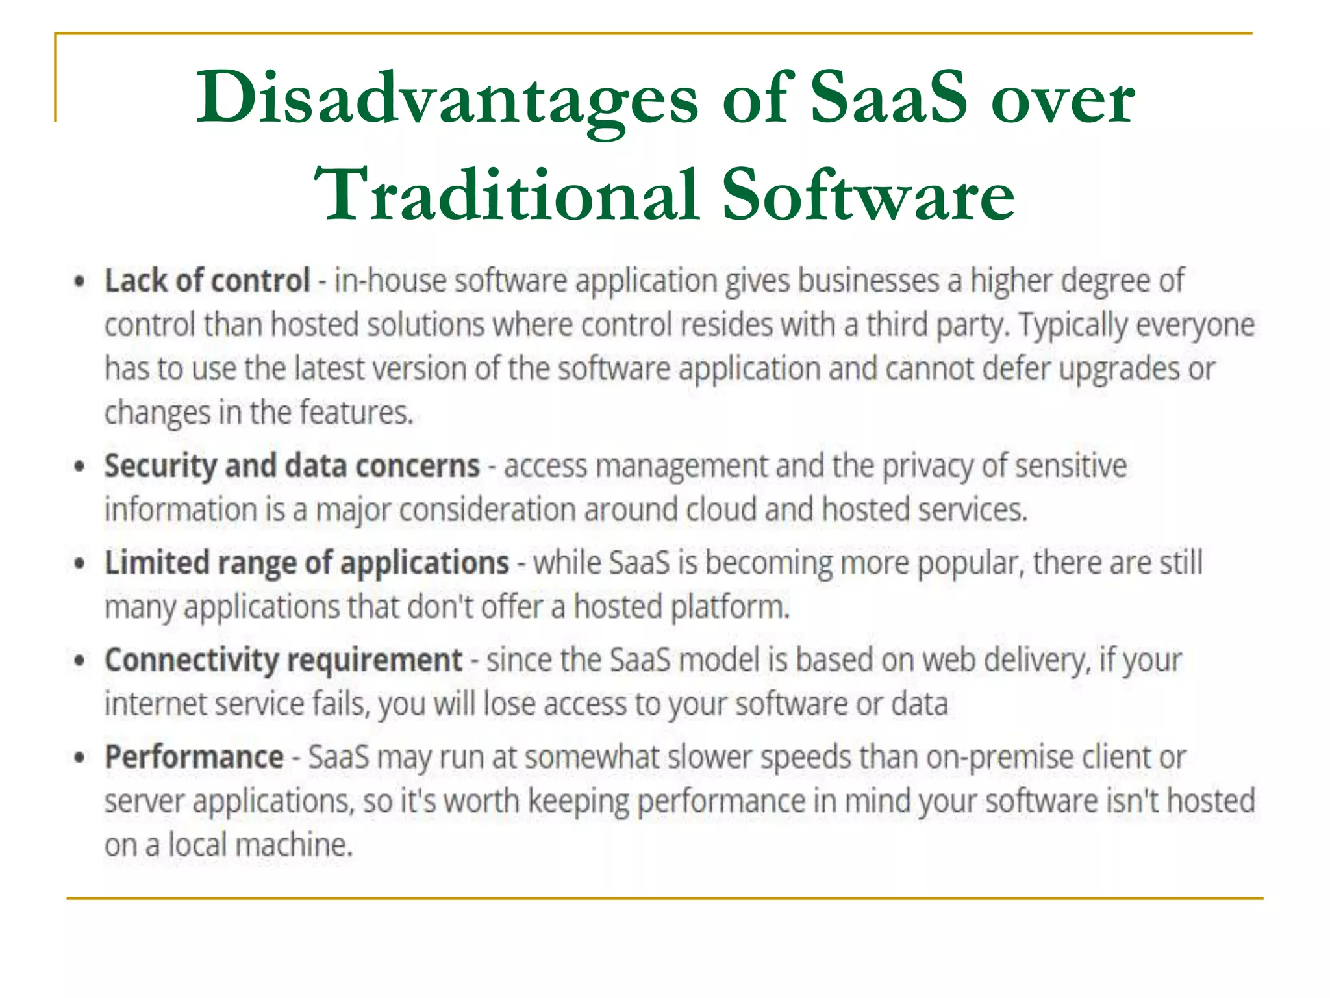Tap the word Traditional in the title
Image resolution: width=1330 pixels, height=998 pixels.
[507, 195]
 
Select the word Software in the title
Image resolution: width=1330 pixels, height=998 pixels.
[868, 195]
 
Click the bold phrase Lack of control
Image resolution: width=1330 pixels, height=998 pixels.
[207, 281]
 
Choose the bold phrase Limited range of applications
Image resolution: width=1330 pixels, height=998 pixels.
[307, 563]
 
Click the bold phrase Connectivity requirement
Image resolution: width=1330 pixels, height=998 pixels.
[284, 660]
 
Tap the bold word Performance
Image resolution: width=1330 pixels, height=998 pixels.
[194, 757]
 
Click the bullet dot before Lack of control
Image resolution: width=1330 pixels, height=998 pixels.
[80, 283]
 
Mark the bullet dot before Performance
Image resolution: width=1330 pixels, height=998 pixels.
[80, 758]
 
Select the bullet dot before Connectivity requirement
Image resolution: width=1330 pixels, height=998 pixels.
[80, 661]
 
